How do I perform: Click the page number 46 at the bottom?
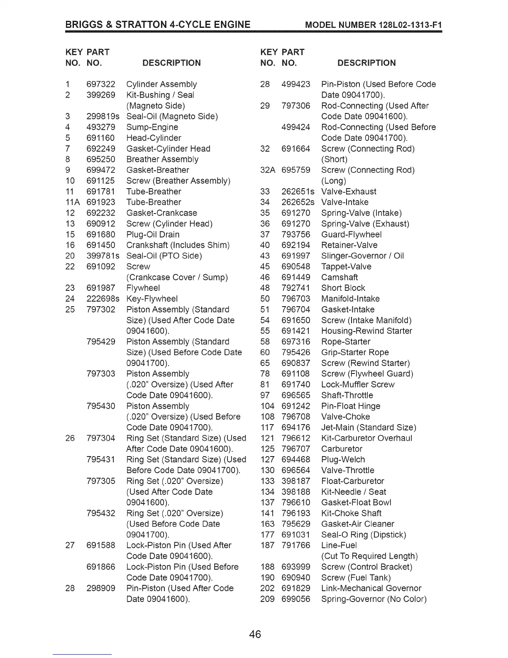coord(255,634)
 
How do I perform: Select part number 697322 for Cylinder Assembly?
coord(101,84)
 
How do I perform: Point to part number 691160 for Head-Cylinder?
coord(100,138)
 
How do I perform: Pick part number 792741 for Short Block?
coord(296,288)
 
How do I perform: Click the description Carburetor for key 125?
coord(342,449)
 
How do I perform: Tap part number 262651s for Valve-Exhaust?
coord(298,192)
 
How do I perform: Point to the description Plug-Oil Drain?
coord(153,234)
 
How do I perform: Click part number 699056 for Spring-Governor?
coord(296,599)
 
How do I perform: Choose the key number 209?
coord(267,599)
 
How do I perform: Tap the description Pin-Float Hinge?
coord(351,406)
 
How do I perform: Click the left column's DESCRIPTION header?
coord(171,63)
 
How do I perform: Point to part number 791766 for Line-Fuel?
coord(296,545)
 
